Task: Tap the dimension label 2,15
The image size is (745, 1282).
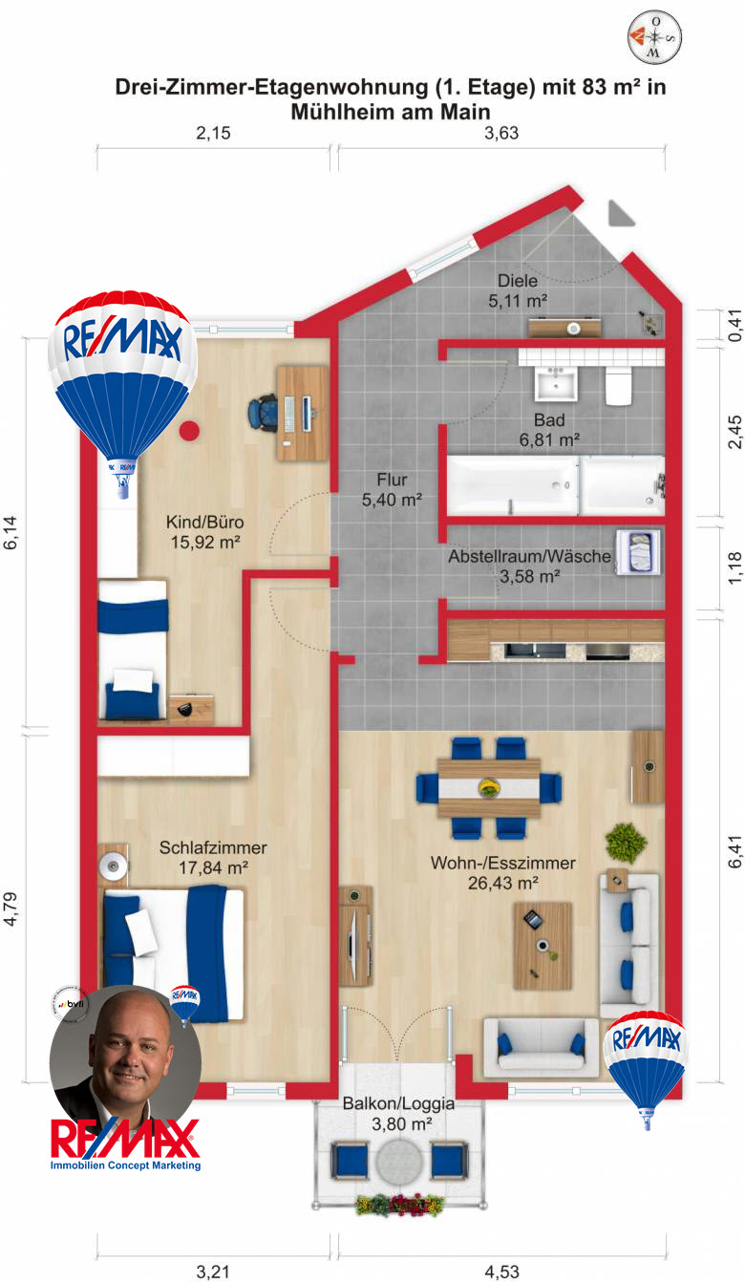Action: tap(213, 134)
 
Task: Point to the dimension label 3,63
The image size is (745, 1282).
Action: tap(501, 134)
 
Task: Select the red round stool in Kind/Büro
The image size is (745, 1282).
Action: tap(189, 430)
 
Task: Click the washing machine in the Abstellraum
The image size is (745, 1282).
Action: tap(635, 552)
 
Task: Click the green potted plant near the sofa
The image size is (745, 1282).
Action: tap(626, 843)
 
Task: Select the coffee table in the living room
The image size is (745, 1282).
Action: tap(542, 945)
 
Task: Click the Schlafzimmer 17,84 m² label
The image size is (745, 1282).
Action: tap(212, 857)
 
